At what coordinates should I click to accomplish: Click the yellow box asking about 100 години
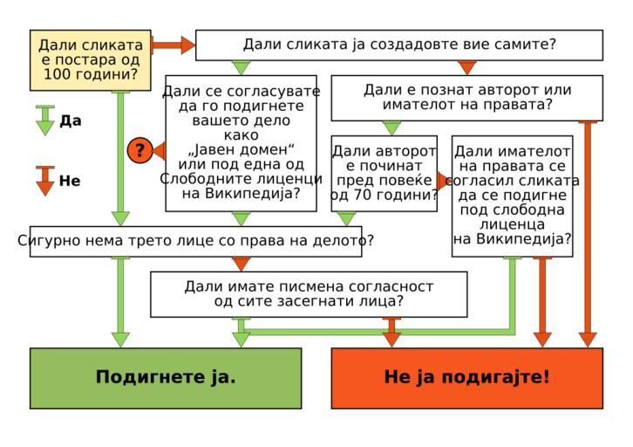[x=90, y=59]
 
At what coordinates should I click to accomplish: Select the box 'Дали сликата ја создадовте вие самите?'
[x=398, y=45]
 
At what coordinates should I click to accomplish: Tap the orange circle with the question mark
[x=140, y=150]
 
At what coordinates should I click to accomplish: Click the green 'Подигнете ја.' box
[x=166, y=377]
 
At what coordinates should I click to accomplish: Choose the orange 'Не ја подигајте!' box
[x=466, y=377]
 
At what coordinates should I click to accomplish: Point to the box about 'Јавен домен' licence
[x=241, y=142]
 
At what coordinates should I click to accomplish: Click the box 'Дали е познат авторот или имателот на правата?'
[x=466, y=97]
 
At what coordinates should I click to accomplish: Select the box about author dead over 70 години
[x=384, y=173]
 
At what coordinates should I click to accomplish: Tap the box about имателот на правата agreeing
[x=512, y=196]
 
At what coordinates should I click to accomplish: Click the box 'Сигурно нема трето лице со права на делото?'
[x=195, y=241]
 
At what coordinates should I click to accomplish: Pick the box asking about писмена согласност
[x=309, y=293]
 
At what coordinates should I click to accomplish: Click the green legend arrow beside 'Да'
[x=45, y=120]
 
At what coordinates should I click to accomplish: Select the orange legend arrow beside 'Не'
[x=45, y=181]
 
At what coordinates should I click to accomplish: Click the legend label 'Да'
[x=71, y=121]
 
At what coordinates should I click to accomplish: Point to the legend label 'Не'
[x=70, y=182]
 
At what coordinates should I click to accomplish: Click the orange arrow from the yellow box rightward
[x=174, y=45]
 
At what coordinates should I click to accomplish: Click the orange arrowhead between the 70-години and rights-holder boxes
[x=444, y=181]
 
